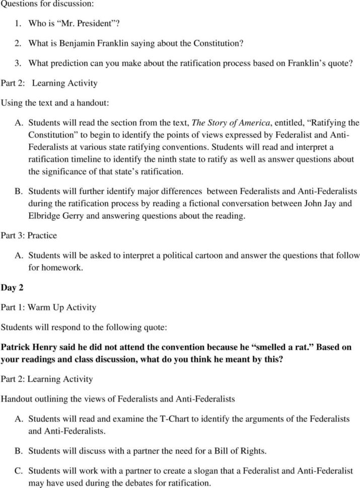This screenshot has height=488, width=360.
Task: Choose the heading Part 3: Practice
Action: coord(28,235)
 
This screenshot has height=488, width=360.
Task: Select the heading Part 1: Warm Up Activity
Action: coord(48,307)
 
